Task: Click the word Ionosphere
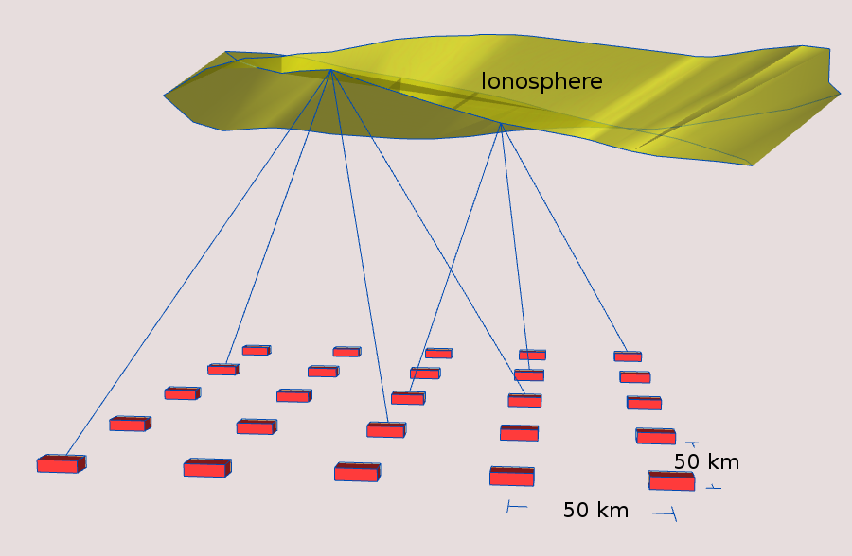coord(541,81)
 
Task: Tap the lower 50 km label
coord(595,510)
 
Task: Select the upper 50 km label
coord(706,462)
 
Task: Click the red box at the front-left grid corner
coord(62,463)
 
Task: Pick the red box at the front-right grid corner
coord(671,481)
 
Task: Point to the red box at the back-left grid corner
coord(257,350)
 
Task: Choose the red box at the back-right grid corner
coord(628,356)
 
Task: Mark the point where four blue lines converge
coord(331,70)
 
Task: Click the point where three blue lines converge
coord(501,124)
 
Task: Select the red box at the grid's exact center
coord(408,398)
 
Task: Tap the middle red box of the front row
coord(357,472)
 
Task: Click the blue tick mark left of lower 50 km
coord(516,507)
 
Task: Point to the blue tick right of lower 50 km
coord(665,513)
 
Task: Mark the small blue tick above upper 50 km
coord(692,444)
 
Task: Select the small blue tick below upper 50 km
coord(714,488)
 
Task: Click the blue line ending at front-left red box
coord(199,263)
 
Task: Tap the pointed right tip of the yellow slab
coord(840,94)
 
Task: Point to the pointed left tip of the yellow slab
coord(165,96)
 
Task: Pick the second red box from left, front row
coord(207,468)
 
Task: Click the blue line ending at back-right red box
coord(564,238)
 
